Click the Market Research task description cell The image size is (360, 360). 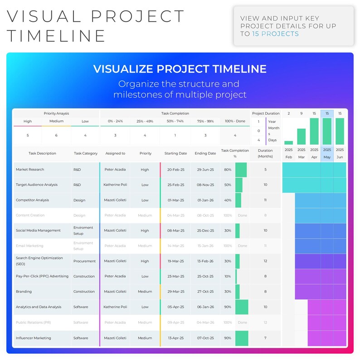pos(30,170)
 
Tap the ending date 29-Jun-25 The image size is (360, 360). pos(205,170)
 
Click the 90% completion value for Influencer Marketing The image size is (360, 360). pos(228,338)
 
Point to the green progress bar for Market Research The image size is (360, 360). pos(241,170)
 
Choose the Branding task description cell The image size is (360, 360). pos(24,292)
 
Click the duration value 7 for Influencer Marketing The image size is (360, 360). pos(265,338)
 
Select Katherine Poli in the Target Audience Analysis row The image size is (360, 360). pos(115,185)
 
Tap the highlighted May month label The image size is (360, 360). pos(327,157)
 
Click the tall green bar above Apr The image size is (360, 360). pos(314,131)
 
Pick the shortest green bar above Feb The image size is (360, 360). pos(288,142)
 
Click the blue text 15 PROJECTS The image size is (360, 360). pos(276,34)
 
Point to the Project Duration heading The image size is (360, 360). pos(266,113)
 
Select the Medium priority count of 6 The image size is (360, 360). pos(56,135)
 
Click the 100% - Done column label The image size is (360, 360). pos(235,121)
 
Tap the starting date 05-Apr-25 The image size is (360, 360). pos(176,307)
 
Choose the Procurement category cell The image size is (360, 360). pos(84,261)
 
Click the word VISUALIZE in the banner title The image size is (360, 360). pos(121,69)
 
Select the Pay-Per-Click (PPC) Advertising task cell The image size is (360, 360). pos(42,276)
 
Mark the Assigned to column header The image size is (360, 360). pos(115,153)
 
